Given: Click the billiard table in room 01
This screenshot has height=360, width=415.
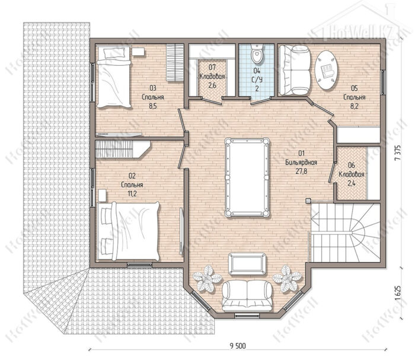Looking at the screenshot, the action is [247, 177].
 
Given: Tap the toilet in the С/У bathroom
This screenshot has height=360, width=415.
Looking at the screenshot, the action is [257, 54].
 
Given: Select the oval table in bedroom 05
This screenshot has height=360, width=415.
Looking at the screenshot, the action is [327, 70].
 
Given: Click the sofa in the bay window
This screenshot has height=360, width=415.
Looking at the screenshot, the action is [247, 296].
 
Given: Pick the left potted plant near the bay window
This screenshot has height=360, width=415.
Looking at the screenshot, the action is [207, 279].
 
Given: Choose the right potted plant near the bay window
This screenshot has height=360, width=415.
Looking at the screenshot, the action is [286, 278].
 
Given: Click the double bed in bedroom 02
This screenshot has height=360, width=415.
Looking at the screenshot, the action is [129, 231].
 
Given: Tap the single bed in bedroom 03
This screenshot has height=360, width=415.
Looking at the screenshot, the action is [114, 77].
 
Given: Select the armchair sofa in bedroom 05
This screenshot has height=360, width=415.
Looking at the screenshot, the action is [295, 70].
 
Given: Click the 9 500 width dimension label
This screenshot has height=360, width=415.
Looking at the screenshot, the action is [238, 345].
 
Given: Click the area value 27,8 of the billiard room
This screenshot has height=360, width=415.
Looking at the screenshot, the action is [301, 171].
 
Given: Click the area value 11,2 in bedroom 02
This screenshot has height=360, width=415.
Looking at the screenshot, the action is [132, 193].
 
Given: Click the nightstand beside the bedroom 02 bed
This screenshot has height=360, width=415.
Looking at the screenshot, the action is [102, 196].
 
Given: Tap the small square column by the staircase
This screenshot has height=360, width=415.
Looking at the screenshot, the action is [308, 200].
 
